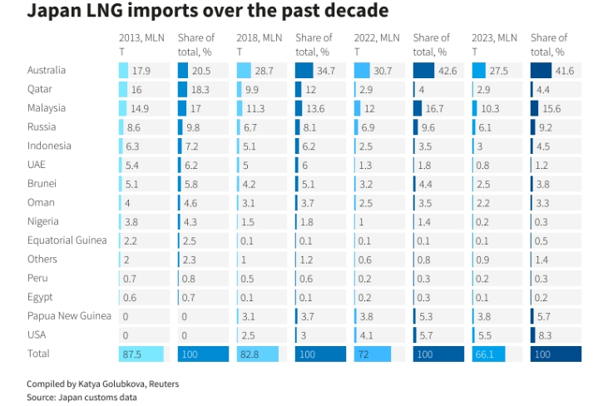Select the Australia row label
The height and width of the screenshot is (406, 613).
[46, 71]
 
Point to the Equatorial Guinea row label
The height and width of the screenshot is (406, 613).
[67, 240]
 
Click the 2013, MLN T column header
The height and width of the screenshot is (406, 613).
[142, 44]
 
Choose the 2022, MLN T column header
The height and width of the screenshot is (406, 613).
[378, 44]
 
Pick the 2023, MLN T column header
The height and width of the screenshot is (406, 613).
[495, 44]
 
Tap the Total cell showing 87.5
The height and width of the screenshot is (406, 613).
[132, 354]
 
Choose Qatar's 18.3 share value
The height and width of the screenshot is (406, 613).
[200, 90]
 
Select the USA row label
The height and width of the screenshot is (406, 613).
[37, 334]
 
